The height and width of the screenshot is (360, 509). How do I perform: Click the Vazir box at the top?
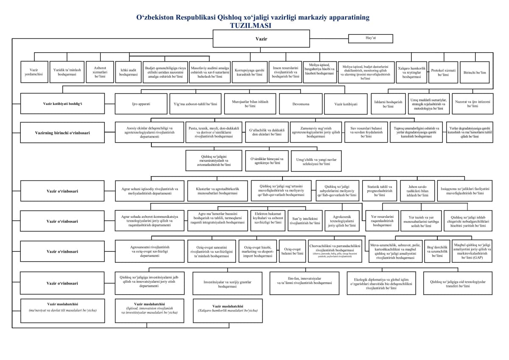(x=261, y=39)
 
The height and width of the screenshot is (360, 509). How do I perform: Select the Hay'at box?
(x=371, y=38)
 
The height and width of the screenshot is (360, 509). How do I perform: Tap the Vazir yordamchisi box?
(x=34, y=72)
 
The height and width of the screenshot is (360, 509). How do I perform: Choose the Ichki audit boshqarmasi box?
(x=129, y=72)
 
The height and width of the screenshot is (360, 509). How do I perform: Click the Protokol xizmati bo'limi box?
(x=443, y=72)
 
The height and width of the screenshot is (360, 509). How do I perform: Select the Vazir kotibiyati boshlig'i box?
(x=62, y=104)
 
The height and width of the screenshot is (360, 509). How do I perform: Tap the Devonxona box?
(x=301, y=104)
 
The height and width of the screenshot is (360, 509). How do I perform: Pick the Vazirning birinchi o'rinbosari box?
(x=62, y=132)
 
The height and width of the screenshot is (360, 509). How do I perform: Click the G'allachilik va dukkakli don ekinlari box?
(x=267, y=132)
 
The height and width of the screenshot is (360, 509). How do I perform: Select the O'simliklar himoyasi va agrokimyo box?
(x=267, y=161)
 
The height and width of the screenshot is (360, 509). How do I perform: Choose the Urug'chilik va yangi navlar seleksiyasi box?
(x=316, y=161)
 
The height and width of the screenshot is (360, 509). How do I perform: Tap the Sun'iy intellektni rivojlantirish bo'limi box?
(x=305, y=221)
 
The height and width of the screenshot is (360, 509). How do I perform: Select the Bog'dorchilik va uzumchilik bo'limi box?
(x=437, y=251)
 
